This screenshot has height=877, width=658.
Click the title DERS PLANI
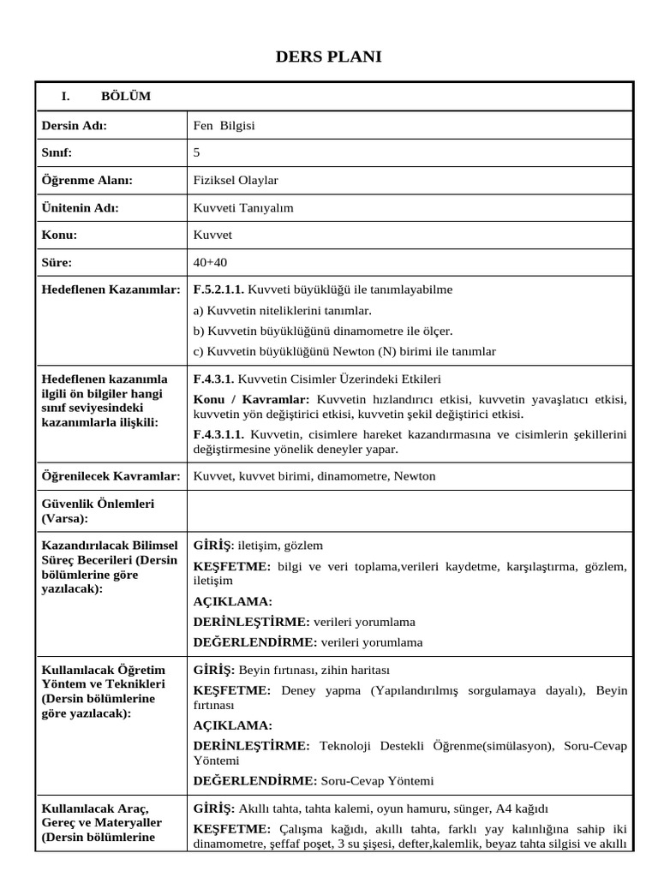point(329,57)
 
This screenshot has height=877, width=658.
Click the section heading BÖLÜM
point(125,97)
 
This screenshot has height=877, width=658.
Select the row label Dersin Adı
point(75,126)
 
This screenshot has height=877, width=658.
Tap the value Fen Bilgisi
point(224,126)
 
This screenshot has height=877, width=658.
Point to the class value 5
point(198,152)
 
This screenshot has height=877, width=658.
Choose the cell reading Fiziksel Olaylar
point(236,180)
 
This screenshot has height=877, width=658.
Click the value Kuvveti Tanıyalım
point(243,207)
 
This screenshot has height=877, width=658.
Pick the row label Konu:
point(60,235)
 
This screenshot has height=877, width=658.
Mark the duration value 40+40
point(211,262)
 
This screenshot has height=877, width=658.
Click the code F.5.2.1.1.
point(219,289)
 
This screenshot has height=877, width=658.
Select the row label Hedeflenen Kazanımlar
point(111,289)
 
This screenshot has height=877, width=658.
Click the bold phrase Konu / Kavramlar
point(251,400)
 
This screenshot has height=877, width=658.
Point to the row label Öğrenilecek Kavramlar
point(111,476)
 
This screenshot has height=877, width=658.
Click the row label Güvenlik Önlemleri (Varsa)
point(98,511)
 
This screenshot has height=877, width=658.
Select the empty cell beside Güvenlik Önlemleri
point(410,511)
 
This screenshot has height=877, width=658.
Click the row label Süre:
point(57,262)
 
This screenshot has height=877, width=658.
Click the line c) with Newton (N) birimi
point(344,351)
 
